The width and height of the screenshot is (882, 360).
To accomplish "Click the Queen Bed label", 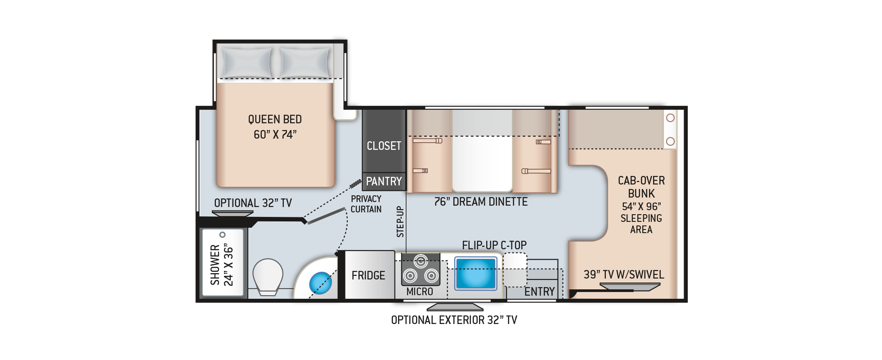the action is [x=275, y=127].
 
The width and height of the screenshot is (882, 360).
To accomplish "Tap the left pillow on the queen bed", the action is [x=247, y=63].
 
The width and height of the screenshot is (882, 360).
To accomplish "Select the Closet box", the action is [x=384, y=141].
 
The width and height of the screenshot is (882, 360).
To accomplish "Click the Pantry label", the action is [x=384, y=181].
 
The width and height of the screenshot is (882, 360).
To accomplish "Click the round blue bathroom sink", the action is [x=320, y=283].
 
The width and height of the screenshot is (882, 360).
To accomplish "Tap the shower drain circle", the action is [x=222, y=235].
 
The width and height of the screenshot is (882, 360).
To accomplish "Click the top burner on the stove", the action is [x=421, y=261].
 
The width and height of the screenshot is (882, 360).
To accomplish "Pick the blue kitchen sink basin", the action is [x=475, y=273].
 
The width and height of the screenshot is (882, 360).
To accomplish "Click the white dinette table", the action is [x=482, y=151].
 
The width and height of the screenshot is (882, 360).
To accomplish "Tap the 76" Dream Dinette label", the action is [x=481, y=202].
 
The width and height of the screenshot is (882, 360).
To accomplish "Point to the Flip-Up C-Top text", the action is [x=494, y=245].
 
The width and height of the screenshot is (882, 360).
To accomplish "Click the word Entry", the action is [x=540, y=292].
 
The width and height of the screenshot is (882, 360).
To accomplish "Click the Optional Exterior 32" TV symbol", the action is [x=455, y=307].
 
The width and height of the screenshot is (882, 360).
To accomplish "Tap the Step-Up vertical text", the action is [x=400, y=221].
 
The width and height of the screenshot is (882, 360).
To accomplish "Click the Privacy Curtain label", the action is [x=366, y=204].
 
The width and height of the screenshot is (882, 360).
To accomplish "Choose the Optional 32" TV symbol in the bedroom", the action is [x=233, y=214].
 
